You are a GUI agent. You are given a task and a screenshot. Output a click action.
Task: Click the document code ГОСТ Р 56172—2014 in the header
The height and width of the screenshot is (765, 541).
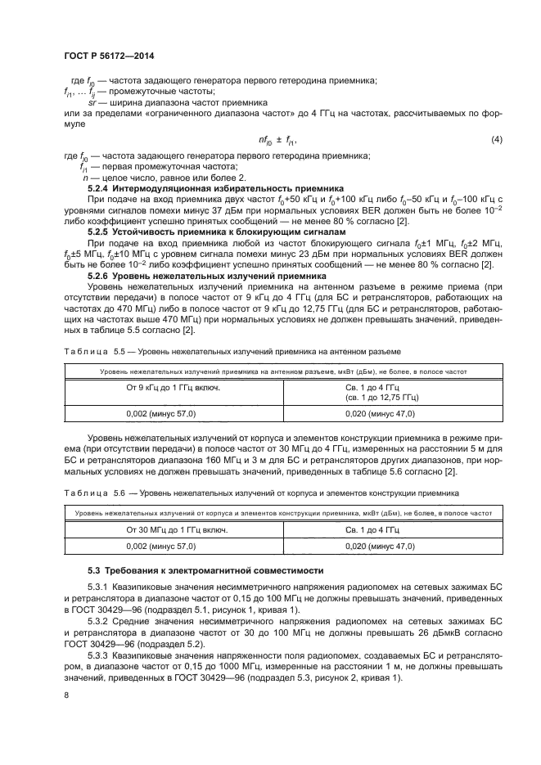tap(109, 56)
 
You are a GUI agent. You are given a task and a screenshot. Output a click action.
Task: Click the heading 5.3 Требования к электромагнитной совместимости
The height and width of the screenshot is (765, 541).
tap(205, 569)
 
